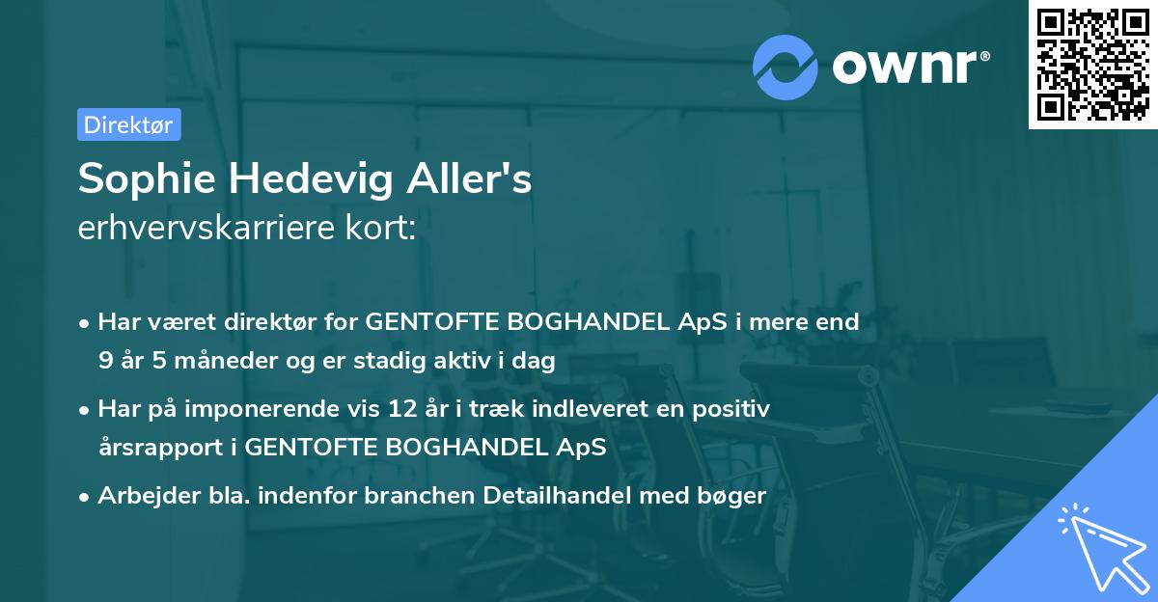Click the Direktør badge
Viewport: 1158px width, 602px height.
tap(128, 124)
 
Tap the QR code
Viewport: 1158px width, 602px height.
tap(1092, 64)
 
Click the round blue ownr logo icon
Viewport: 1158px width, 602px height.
tap(786, 67)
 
